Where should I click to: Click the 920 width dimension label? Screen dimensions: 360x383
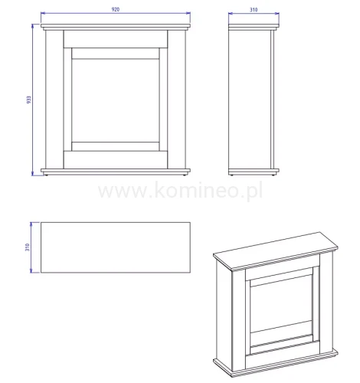click(x=116, y=9)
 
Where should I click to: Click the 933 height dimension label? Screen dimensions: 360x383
click(x=29, y=100)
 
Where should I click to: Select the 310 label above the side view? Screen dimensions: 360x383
click(x=254, y=10)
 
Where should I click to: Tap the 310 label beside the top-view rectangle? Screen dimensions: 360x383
click(x=28, y=247)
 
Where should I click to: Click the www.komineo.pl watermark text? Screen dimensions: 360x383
click(x=181, y=190)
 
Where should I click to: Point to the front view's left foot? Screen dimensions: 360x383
click(x=46, y=175)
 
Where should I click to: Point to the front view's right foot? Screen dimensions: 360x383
click(x=185, y=175)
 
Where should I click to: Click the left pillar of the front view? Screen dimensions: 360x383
click(x=54, y=100)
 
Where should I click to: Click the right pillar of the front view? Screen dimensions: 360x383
click(x=176, y=100)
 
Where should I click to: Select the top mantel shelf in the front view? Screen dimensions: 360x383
click(x=116, y=26)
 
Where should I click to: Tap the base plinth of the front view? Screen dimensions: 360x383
click(x=116, y=172)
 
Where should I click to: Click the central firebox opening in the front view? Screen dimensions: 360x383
click(x=116, y=100)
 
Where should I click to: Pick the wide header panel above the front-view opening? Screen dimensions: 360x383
click(x=116, y=39)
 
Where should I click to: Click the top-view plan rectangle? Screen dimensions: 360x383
click(x=116, y=247)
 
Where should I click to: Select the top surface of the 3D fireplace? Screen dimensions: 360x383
click(x=276, y=251)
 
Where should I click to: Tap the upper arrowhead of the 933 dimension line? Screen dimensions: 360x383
click(x=32, y=26)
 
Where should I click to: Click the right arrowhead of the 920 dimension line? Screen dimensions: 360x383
click(x=188, y=13)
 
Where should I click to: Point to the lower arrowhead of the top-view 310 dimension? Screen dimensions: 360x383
click(x=31, y=270)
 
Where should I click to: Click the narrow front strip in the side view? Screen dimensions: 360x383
click(x=273, y=100)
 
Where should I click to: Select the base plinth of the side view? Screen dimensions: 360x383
click(x=254, y=172)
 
